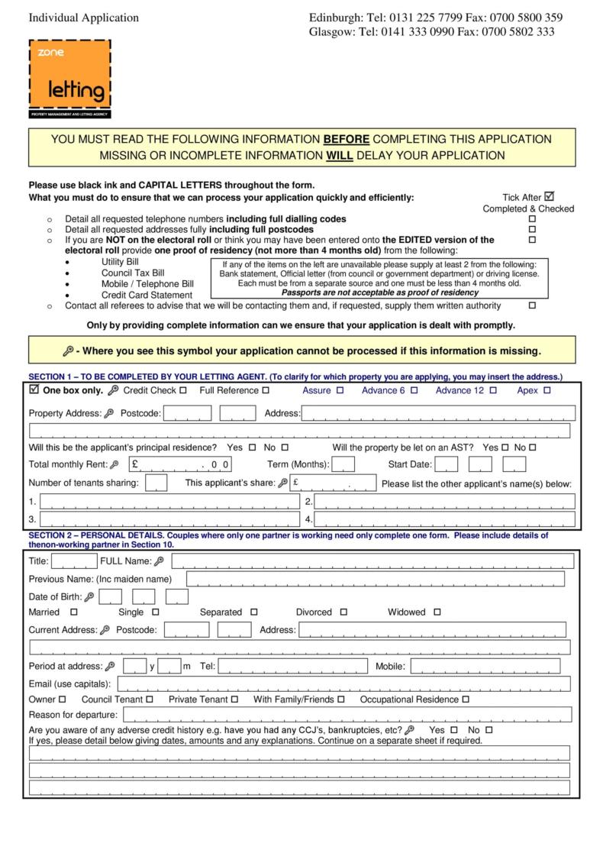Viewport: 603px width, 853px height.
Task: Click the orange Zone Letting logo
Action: (69, 79)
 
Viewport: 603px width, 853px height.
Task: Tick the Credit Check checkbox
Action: (183, 390)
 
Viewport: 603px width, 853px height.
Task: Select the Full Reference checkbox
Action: (266, 390)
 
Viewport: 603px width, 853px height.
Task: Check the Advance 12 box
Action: (494, 390)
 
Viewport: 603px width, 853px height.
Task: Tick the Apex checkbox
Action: (547, 390)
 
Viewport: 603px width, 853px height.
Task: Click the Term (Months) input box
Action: (343, 464)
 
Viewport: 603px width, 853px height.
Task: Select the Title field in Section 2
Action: (74, 562)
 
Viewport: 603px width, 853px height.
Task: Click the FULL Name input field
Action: (372, 562)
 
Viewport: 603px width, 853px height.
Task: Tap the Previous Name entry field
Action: (376, 580)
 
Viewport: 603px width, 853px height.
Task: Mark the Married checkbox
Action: (74, 612)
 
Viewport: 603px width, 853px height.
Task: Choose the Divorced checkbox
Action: (343, 612)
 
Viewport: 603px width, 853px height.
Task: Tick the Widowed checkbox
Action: (437, 612)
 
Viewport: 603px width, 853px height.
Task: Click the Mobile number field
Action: (490, 667)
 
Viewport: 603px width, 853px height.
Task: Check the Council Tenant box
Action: (150, 700)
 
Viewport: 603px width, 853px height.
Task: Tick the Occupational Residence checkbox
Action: (466, 700)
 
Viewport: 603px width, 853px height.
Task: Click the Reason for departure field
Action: (347, 716)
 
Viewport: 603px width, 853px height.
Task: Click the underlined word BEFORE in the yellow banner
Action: (347, 140)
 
